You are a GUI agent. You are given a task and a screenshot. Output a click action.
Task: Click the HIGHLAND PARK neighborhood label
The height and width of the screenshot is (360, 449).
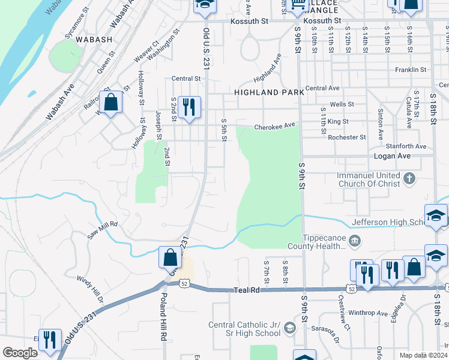(265, 92)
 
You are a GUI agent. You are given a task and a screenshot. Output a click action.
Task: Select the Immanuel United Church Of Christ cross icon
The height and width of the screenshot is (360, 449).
(409, 179)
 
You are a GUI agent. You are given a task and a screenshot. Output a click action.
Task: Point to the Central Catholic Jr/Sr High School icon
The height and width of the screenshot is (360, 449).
(290, 328)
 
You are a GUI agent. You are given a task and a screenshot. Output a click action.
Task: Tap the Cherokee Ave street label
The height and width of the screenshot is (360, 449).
(276, 126)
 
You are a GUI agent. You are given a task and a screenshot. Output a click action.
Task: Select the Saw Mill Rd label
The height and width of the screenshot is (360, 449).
(102, 229)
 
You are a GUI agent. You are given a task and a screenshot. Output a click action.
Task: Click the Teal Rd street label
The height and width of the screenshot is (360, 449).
(246, 290)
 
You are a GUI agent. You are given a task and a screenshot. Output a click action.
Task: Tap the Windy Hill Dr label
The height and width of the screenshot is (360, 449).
(90, 288)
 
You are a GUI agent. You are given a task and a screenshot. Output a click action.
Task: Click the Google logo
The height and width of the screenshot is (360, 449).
(20, 353)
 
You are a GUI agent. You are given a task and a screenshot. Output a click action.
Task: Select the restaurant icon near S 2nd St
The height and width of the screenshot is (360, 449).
(189, 108)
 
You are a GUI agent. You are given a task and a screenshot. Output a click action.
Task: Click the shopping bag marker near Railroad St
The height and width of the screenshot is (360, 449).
(110, 102)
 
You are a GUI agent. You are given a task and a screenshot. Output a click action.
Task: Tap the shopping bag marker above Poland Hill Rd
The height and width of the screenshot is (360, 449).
(170, 258)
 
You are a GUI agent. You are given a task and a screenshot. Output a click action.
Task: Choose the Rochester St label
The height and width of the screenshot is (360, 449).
(346, 137)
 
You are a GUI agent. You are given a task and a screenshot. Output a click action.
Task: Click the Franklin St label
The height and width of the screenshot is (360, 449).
(411, 70)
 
